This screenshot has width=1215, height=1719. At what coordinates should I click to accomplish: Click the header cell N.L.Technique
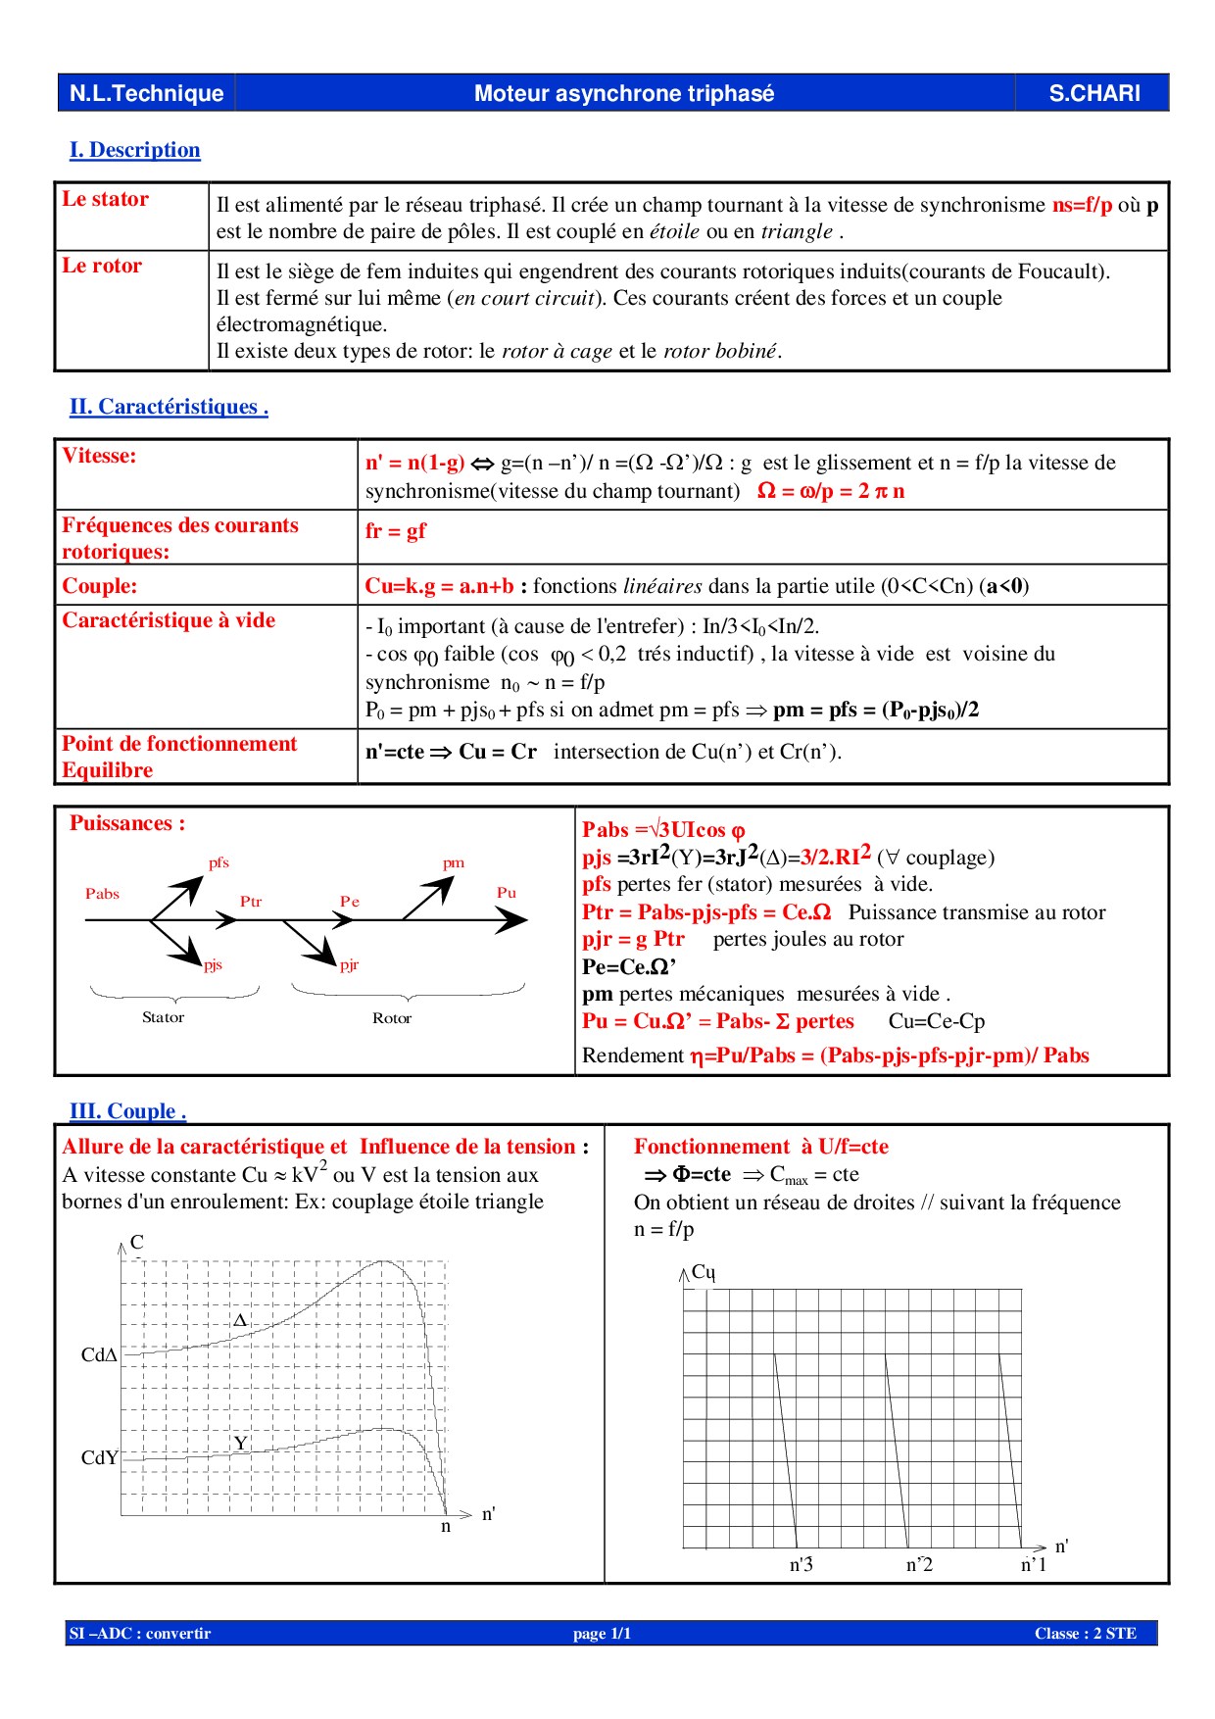point(146,93)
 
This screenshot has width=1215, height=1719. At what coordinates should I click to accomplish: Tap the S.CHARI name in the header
point(1093,93)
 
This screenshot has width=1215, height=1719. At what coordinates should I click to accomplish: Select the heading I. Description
point(134,150)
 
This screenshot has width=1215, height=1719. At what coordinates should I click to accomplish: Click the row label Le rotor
point(102,266)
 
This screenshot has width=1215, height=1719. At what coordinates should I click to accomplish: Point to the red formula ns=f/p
point(1082,205)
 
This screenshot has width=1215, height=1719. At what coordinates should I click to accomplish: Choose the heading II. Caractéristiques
point(169,407)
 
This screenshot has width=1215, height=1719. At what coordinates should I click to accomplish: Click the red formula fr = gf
point(395,531)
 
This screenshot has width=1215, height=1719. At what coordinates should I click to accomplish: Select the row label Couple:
point(100,586)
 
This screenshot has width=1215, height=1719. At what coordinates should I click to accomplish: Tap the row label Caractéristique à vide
point(169,620)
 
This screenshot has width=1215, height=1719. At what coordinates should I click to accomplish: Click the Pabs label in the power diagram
point(102,894)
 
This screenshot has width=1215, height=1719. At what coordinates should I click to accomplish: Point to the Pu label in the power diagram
point(506,893)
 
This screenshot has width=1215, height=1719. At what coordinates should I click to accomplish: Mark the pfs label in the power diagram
point(219,862)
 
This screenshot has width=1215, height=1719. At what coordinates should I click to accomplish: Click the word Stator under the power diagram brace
point(163,1017)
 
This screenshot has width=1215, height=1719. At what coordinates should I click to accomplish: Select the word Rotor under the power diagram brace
point(392,1018)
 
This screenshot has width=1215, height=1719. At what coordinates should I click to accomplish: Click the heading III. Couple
point(127,1111)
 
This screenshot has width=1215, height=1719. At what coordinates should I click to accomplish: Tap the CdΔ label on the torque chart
point(99,1355)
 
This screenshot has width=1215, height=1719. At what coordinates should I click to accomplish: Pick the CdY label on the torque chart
point(99,1458)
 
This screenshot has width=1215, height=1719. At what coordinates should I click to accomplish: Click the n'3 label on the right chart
point(801,1565)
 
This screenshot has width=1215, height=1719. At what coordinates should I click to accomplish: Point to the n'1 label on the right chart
point(1034,1565)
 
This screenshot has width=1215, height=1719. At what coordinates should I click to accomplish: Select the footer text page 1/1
point(602,1634)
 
